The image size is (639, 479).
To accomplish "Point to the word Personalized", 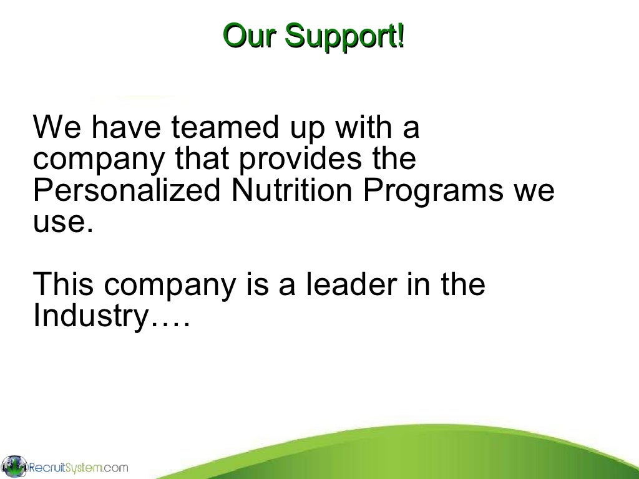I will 125,190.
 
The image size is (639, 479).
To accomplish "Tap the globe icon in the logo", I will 14,466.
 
